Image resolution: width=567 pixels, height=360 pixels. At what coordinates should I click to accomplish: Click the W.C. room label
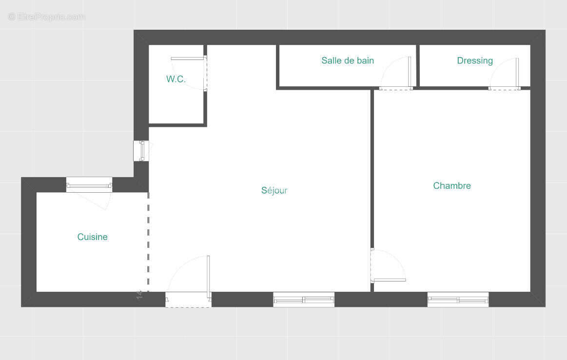176,79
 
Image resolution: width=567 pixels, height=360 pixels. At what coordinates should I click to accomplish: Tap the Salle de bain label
347,60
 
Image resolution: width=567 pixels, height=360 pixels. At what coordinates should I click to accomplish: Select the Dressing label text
474,60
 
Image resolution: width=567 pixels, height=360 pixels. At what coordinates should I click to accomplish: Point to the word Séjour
274,190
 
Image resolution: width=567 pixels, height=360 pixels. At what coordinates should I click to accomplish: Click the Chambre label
451,185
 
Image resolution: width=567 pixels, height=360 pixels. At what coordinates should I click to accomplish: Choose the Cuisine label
92,237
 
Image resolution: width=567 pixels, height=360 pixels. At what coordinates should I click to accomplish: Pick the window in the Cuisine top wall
89,185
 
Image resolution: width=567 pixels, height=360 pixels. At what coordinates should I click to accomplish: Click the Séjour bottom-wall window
303,300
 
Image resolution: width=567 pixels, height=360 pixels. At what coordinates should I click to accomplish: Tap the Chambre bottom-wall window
458,300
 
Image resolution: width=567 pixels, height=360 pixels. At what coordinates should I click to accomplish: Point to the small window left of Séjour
141,151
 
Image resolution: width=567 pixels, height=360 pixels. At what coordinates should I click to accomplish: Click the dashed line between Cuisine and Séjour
148,241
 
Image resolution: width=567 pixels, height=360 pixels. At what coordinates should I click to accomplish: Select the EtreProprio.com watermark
46,17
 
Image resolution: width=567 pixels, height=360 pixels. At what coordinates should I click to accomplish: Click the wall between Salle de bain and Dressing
418,65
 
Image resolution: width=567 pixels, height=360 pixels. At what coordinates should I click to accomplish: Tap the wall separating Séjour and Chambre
372,171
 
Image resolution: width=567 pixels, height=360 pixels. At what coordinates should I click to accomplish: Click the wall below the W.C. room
177,125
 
